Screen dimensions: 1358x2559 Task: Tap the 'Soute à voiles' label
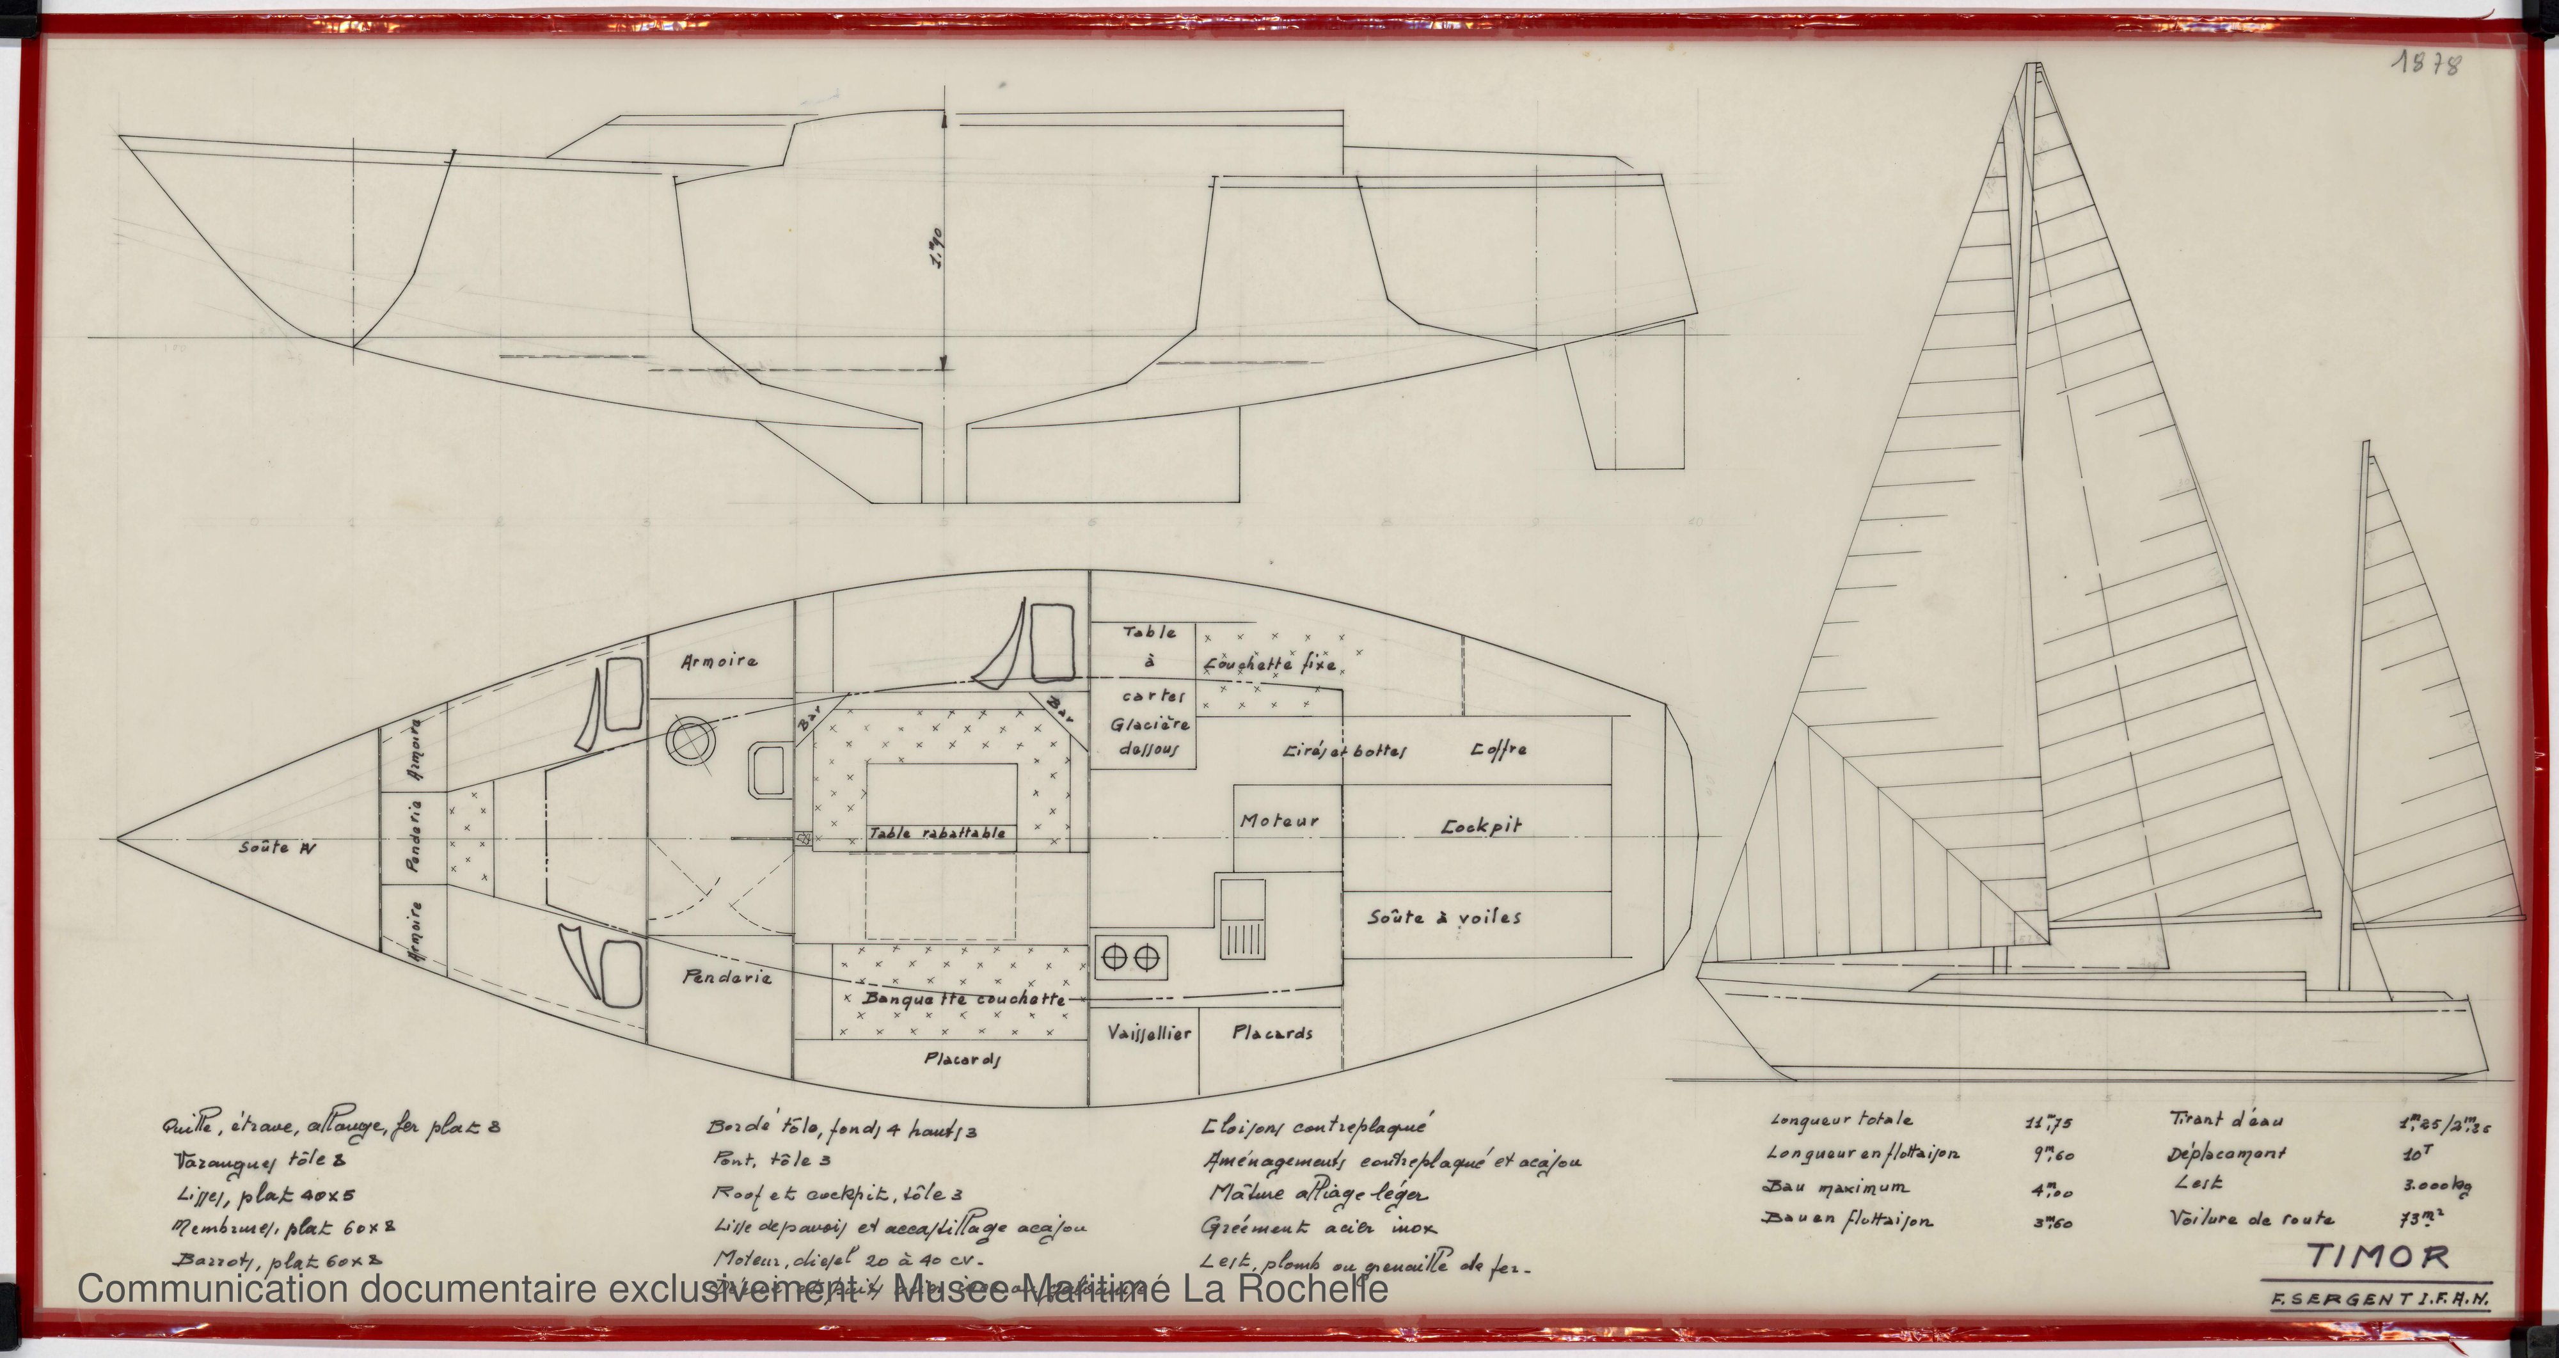click(1443, 917)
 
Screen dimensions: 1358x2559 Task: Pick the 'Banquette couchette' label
click(963, 999)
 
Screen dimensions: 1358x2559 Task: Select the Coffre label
click(1498, 750)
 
